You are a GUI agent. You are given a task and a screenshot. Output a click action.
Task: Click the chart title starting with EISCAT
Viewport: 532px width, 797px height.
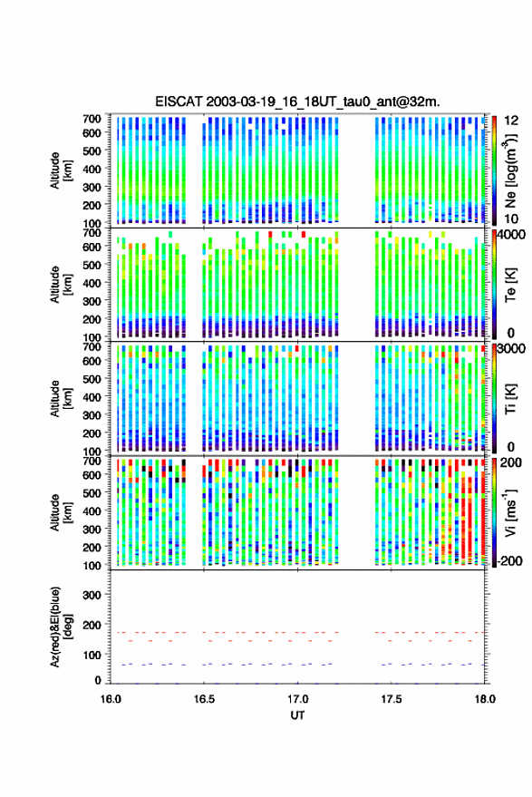[297, 102]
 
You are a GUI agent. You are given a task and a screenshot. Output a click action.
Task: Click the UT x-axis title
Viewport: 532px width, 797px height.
[297, 715]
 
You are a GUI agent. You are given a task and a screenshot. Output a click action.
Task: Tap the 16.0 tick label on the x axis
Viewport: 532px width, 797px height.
[111, 699]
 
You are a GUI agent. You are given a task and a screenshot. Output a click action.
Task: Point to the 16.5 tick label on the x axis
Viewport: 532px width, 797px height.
[204, 699]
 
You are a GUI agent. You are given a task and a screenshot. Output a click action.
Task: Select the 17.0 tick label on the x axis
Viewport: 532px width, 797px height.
[297, 699]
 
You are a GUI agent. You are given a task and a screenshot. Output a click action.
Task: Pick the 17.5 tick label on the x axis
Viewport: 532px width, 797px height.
[391, 699]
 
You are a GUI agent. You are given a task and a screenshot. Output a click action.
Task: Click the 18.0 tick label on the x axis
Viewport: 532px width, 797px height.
[484, 699]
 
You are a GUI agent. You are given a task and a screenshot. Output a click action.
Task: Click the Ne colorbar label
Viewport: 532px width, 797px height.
[510, 171]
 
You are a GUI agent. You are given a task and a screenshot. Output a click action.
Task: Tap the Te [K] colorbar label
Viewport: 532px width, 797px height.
[510, 285]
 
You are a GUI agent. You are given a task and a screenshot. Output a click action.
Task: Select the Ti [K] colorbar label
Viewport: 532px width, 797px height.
[510, 399]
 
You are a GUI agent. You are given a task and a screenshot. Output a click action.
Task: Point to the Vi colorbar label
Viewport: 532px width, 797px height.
[510, 512]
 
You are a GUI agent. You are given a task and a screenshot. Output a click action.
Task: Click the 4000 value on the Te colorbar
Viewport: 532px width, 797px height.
[512, 234]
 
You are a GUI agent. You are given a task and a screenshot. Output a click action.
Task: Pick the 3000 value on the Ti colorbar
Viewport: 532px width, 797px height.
[512, 349]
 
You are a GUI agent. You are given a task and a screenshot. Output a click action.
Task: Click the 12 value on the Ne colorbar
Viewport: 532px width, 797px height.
[512, 121]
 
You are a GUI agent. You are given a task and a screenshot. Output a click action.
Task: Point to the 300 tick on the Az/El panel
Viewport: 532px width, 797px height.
[92, 595]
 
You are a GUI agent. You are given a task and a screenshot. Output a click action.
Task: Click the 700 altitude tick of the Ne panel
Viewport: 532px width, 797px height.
[92, 119]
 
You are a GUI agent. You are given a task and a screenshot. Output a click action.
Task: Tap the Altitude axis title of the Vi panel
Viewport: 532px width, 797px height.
[61, 512]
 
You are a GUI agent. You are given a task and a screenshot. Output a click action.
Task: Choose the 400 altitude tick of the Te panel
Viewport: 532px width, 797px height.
[92, 283]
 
